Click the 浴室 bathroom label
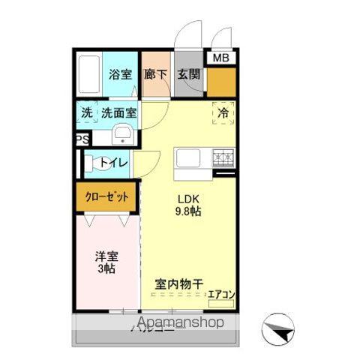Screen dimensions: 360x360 coord(119,74)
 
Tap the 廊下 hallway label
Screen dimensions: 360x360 coord(156,74)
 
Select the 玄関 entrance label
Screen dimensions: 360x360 coord(187,74)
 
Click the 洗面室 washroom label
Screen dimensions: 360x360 coord(118,113)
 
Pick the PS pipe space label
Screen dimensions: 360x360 coord(80,139)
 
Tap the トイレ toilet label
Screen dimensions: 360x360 coord(113,162)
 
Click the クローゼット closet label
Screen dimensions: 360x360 coord(106,197)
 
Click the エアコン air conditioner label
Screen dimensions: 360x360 coord(221,295)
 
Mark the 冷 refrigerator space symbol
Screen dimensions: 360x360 coord(223,112)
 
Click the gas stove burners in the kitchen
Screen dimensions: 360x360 coord(223,158)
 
